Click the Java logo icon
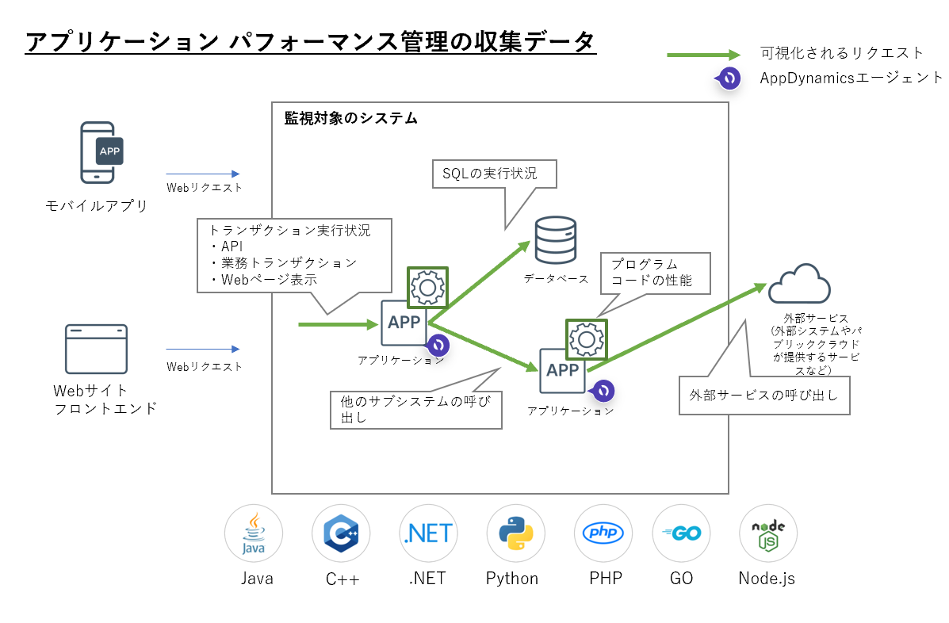coord(253,533)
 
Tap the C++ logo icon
coord(341,533)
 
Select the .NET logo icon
coord(428,533)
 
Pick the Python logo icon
coord(515,533)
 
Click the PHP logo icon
coord(603,533)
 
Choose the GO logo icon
coord(681,533)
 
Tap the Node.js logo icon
coord(767,533)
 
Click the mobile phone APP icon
coord(102,152)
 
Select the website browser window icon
coord(96,349)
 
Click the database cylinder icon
coord(555,241)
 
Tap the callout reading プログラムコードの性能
coord(655,272)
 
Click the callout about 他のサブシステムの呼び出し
coord(415,409)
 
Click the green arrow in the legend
coord(702,55)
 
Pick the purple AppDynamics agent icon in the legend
coord(728,78)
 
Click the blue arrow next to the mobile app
coord(202,174)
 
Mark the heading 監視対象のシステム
coord(350,119)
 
